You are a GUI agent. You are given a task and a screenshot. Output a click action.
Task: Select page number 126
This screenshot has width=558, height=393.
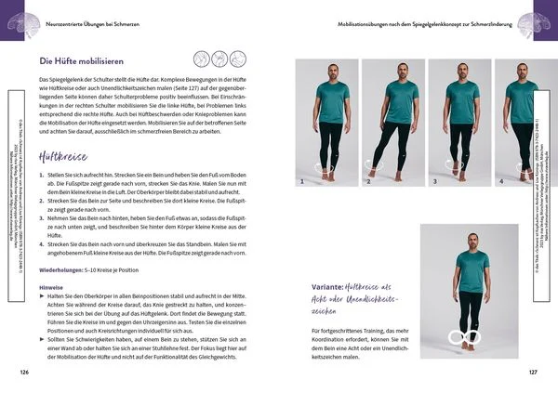(23, 372)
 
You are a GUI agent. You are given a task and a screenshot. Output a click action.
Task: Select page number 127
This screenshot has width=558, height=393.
(532, 372)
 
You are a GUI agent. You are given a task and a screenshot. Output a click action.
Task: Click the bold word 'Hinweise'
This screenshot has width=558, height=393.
(50, 287)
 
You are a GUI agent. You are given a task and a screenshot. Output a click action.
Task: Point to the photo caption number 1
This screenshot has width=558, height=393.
(299, 183)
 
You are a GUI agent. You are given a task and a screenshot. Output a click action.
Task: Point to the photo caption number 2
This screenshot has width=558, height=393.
(368, 183)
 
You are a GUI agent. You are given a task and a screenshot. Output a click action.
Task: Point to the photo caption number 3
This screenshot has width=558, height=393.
(435, 183)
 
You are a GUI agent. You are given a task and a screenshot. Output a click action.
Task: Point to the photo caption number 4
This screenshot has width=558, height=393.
(502, 183)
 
